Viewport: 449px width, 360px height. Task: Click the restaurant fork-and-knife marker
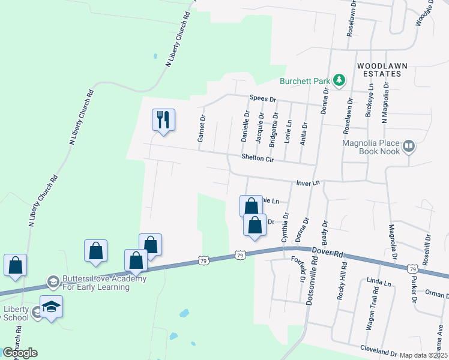(x=163, y=120)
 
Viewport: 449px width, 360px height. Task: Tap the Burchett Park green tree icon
(x=339, y=80)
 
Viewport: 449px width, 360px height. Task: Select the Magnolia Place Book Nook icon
(x=408, y=146)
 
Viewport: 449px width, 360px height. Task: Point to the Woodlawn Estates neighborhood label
(x=379, y=69)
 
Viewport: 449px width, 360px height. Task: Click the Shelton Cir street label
(x=258, y=158)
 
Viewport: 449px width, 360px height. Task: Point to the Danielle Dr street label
(x=245, y=126)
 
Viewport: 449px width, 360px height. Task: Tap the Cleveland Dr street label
(x=379, y=349)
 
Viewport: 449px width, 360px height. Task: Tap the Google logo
(x=20, y=353)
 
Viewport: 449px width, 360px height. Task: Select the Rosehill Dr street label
(x=428, y=247)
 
